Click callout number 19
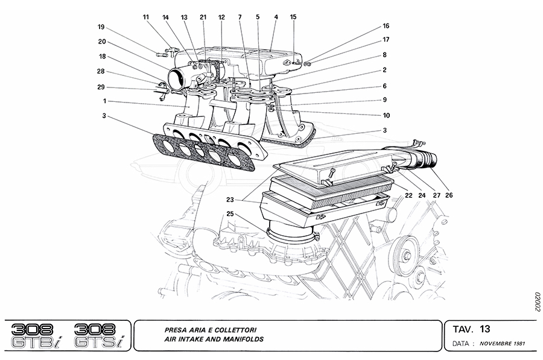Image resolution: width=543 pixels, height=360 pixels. click(x=101, y=27)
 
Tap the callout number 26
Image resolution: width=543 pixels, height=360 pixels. click(x=449, y=195)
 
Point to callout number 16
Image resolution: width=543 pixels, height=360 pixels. click(x=386, y=27)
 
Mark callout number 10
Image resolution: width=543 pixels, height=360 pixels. click(x=386, y=115)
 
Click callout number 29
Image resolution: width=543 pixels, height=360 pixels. click(x=101, y=87)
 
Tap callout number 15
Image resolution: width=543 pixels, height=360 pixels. click(x=293, y=17)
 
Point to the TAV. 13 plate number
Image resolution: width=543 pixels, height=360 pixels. click(x=471, y=329)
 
